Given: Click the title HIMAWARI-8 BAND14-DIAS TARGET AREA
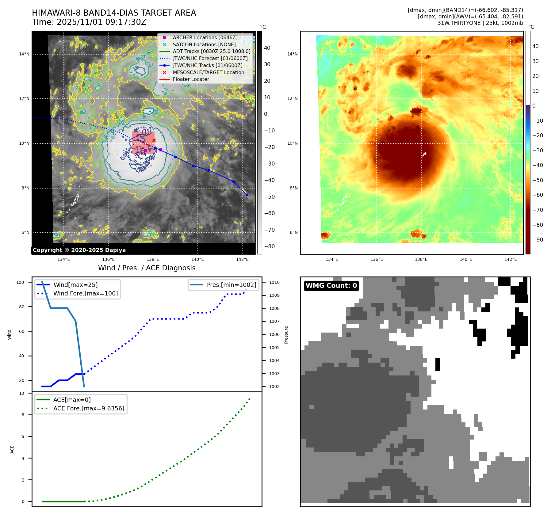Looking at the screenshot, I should (x=114, y=13).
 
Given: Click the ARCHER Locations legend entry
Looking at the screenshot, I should (x=205, y=37).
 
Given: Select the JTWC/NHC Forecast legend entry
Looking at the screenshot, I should (x=210, y=58).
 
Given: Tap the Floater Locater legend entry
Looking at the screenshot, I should (x=191, y=79).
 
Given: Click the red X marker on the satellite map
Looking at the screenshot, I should (x=154, y=140).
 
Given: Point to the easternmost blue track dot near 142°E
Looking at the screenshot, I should (x=247, y=195).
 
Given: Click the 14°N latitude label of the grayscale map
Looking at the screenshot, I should (x=24, y=54).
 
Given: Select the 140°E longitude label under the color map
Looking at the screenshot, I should (x=466, y=259).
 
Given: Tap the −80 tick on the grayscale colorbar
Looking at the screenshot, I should (x=270, y=246).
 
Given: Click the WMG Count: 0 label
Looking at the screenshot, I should (x=331, y=286).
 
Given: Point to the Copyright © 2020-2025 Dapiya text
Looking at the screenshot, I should (x=79, y=250).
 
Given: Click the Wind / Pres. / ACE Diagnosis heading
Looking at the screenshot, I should (x=147, y=268).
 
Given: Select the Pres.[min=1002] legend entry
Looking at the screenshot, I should (x=231, y=285).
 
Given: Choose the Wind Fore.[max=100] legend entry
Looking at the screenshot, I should (x=85, y=293).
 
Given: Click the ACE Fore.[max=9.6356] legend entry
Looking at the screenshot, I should (x=89, y=409).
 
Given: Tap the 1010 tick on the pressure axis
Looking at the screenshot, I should (x=274, y=282).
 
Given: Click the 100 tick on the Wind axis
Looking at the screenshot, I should (x=20, y=282).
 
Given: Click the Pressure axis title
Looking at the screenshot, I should (x=286, y=335).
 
